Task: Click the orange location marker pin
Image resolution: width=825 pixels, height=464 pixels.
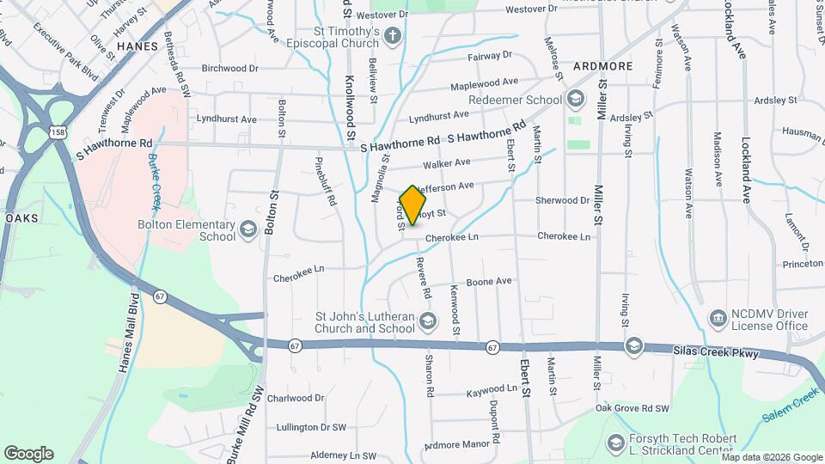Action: (413, 205)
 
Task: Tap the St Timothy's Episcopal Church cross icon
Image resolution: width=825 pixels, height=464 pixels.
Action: (393, 35)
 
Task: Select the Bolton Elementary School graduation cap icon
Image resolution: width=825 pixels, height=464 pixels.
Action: (248, 229)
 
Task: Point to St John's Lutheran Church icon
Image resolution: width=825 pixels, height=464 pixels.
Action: (428, 321)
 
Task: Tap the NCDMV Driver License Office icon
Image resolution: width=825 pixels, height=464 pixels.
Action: (717, 319)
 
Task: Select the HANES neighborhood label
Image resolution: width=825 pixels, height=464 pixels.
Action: (137, 46)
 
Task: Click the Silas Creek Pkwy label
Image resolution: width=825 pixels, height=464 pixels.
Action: (718, 351)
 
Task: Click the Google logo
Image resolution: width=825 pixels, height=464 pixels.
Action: (28, 454)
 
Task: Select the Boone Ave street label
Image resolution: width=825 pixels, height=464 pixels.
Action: (489, 282)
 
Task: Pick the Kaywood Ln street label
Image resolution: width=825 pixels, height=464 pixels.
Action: (492, 389)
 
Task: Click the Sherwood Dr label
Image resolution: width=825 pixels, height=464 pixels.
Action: (563, 200)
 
